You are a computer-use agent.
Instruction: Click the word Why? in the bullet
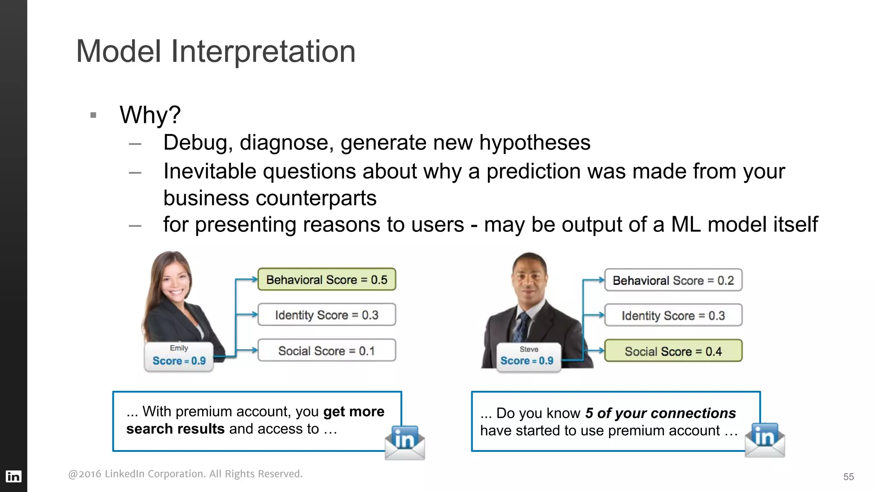tap(150, 115)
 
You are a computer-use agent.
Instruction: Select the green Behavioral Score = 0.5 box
tap(326, 280)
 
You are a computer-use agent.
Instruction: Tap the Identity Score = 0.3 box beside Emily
tap(326, 315)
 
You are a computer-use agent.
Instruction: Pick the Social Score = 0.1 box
tap(326, 351)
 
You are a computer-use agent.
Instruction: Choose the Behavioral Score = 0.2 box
tap(673, 281)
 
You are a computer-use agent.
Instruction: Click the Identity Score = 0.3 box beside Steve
tap(673, 316)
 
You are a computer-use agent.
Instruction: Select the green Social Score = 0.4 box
tap(673, 351)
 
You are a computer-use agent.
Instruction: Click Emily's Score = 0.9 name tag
tap(179, 357)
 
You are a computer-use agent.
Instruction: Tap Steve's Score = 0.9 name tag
tap(528, 357)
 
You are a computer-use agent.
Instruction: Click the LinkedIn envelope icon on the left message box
tap(404, 442)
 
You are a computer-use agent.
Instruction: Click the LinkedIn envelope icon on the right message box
tap(764, 440)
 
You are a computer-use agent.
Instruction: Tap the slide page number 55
tap(848, 477)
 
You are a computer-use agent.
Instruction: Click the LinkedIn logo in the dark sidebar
tap(13, 476)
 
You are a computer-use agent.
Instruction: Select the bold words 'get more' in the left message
tap(353, 412)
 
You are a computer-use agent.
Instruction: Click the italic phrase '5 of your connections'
tap(660, 413)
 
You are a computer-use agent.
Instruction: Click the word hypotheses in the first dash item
tap(534, 143)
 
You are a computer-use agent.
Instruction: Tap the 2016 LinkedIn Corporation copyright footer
tap(185, 474)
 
